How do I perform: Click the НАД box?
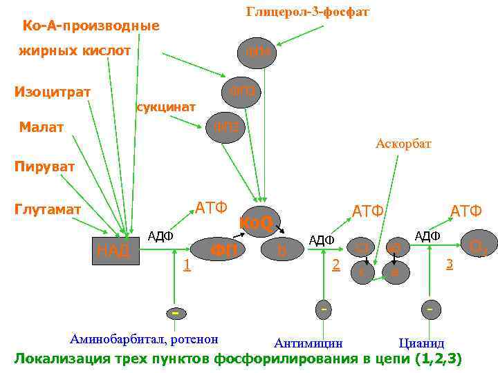point(114,250)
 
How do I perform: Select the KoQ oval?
point(257,222)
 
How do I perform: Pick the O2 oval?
point(477,246)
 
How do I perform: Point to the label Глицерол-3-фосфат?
point(308,12)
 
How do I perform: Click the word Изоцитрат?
point(53,92)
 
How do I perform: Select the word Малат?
point(41,127)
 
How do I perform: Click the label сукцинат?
point(166,108)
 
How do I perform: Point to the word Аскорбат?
point(403,144)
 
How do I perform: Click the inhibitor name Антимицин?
point(308,343)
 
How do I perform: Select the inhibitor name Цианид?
point(422,343)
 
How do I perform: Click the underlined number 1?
point(185,264)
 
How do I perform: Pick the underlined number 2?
point(335,263)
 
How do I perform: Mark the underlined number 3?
point(450,264)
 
